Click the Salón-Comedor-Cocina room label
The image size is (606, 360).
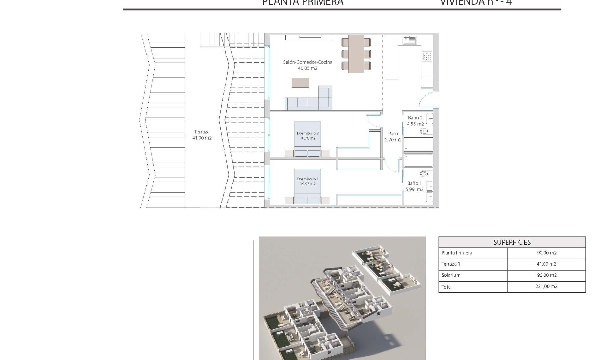click(x=307, y=62)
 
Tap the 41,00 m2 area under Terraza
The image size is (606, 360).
click(x=202, y=138)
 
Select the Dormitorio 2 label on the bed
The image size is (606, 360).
click(x=307, y=133)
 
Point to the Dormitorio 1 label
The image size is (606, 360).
click(x=307, y=179)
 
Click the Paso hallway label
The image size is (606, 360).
click(x=393, y=134)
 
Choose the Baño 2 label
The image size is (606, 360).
click(x=415, y=118)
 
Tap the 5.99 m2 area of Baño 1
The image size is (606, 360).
click(x=414, y=189)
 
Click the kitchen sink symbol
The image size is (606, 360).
click(x=409, y=40)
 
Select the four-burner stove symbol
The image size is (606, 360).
click(x=427, y=57)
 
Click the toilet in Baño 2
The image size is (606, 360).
click(x=425, y=131)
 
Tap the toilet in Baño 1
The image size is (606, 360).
click(x=425, y=174)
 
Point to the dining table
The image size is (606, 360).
click(x=356, y=54)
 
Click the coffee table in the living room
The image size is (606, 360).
click(x=300, y=83)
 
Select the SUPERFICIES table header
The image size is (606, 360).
click(x=512, y=242)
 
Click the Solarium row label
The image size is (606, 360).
click(x=451, y=275)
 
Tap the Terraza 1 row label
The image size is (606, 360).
click(x=451, y=264)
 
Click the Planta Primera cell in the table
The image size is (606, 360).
click(x=457, y=253)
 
